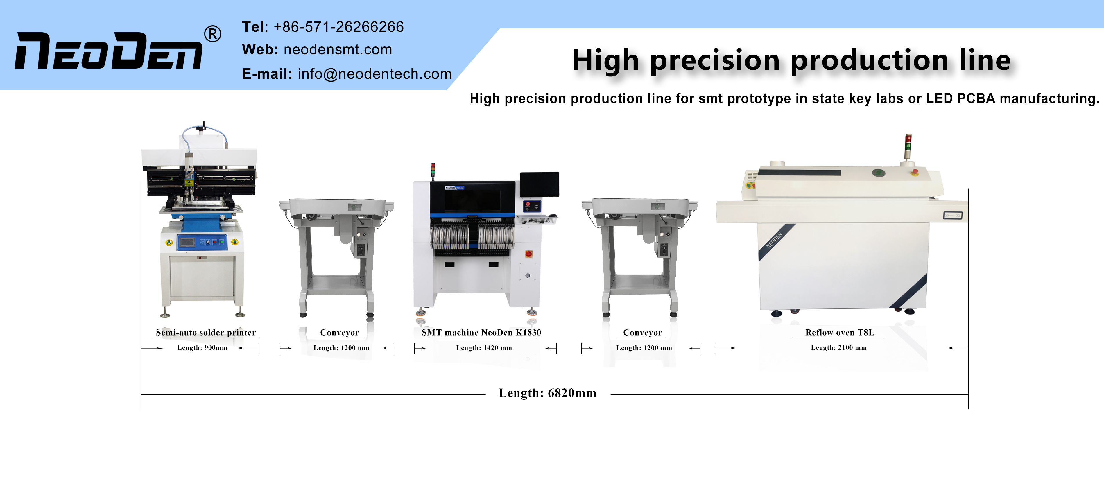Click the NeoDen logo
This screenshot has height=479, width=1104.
tap(108, 51)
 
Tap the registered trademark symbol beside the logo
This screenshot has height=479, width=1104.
tap(213, 34)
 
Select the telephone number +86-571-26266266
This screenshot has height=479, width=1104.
tap(338, 26)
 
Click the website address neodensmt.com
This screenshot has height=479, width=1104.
tap(338, 49)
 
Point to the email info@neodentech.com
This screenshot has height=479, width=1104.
tap(374, 74)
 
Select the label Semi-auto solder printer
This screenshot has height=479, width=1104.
tap(206, 333)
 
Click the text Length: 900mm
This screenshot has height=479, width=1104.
tap(202, 347)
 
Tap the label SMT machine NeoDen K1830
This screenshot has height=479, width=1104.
tap(481, 333)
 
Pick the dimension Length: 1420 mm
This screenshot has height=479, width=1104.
tap(484, 348)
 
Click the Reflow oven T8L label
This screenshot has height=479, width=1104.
tap(840, 333)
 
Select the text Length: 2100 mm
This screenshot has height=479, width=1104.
tap(839, 347)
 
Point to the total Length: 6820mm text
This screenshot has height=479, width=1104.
tap(547, 393)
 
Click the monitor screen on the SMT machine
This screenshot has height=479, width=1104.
tap(540, 184)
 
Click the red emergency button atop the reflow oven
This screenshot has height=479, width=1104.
tap(914, 172)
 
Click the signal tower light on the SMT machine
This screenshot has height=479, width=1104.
tap(433, 169)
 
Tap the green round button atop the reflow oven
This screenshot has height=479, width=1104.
tap(879, 173)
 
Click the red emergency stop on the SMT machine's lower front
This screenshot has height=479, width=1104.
tap(528, 254)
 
